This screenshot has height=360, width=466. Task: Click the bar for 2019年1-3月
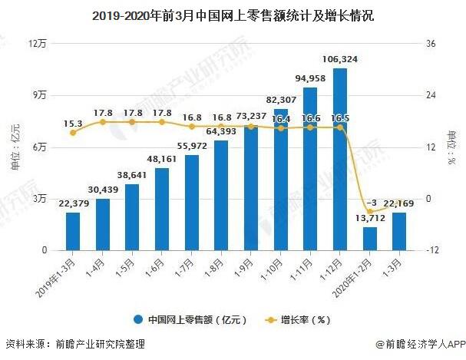click(x=73, y=231)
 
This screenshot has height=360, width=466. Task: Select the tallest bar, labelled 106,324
click(x=340, y=159)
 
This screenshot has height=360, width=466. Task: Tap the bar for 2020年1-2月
click(x=370, y=239)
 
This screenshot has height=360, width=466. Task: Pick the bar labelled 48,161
click(x=162, y=210)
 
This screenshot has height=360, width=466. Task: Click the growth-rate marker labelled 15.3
click(x=73, y=133)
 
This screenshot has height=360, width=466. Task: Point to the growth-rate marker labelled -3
click(x=370, y=212)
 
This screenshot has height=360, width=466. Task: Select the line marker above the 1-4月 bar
click(x=103, y=122)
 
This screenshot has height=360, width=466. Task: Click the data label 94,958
click(x=310, y=78)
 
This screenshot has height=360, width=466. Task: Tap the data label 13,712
click(x=370, y=218)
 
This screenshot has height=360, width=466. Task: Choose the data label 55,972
click(x=192, y=146)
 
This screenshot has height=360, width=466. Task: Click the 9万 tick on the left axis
click(x=40, y=95)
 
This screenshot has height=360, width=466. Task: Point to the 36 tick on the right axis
click(x=431, y=44)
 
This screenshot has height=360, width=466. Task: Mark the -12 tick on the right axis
click(x=431, y=250)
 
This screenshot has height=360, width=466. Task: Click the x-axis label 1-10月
click(x=271, y=269)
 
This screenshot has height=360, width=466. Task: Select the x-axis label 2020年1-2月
click(x=352, y=278)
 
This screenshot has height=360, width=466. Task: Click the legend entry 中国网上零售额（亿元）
click(x=190, y=320)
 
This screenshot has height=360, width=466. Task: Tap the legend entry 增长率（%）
click(x=298, y=320)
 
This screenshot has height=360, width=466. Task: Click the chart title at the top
click(x=233, y=16)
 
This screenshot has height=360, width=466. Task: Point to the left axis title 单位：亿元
click(x=15, y=147)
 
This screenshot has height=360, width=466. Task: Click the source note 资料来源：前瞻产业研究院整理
click(x=75, y=344)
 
